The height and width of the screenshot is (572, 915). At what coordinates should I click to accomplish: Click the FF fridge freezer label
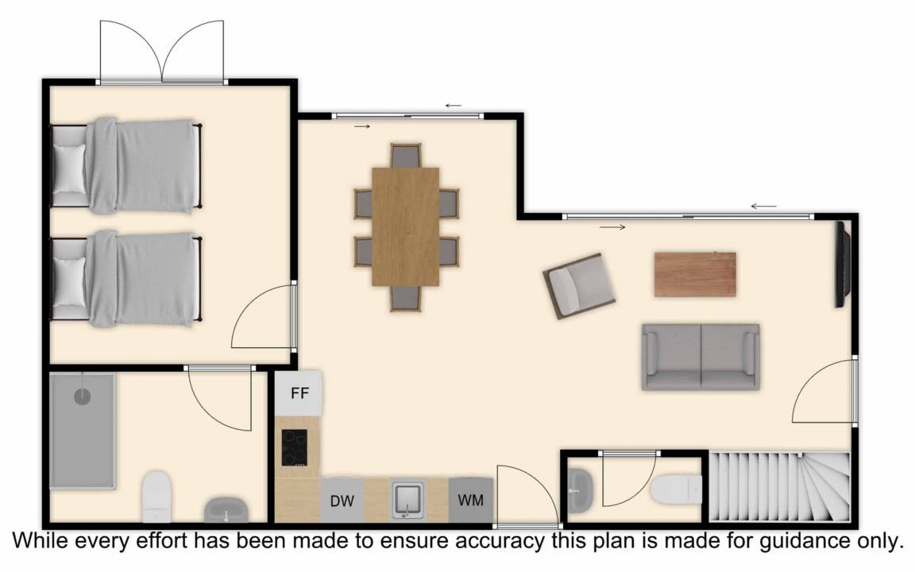299,392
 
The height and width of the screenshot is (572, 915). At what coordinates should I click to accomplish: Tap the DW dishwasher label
342,500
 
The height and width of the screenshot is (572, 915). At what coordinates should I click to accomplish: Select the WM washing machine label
470,500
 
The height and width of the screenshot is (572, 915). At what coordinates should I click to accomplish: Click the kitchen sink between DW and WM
407,500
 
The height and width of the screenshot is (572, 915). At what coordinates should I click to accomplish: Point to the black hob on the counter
295,448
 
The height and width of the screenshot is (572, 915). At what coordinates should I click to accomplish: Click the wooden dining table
406,227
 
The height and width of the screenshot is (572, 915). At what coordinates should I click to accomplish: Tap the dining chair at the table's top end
406,156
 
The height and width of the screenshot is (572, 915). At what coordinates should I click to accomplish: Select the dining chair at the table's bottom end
406,298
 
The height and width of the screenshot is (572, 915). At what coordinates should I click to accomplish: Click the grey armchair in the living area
579,285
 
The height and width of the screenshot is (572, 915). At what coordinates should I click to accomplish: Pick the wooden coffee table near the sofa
695,274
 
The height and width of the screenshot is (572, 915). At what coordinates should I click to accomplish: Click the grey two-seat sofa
701,357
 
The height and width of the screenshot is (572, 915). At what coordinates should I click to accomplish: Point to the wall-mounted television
843,264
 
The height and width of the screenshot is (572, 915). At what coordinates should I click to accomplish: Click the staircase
779,487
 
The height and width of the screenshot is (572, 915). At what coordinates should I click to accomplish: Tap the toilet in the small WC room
677,489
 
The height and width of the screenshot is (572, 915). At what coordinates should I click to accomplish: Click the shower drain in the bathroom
83,397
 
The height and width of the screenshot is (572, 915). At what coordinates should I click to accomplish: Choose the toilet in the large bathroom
157,497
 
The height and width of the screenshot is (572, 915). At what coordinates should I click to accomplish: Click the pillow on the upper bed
69,168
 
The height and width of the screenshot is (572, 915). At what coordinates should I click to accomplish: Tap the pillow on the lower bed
69,281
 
